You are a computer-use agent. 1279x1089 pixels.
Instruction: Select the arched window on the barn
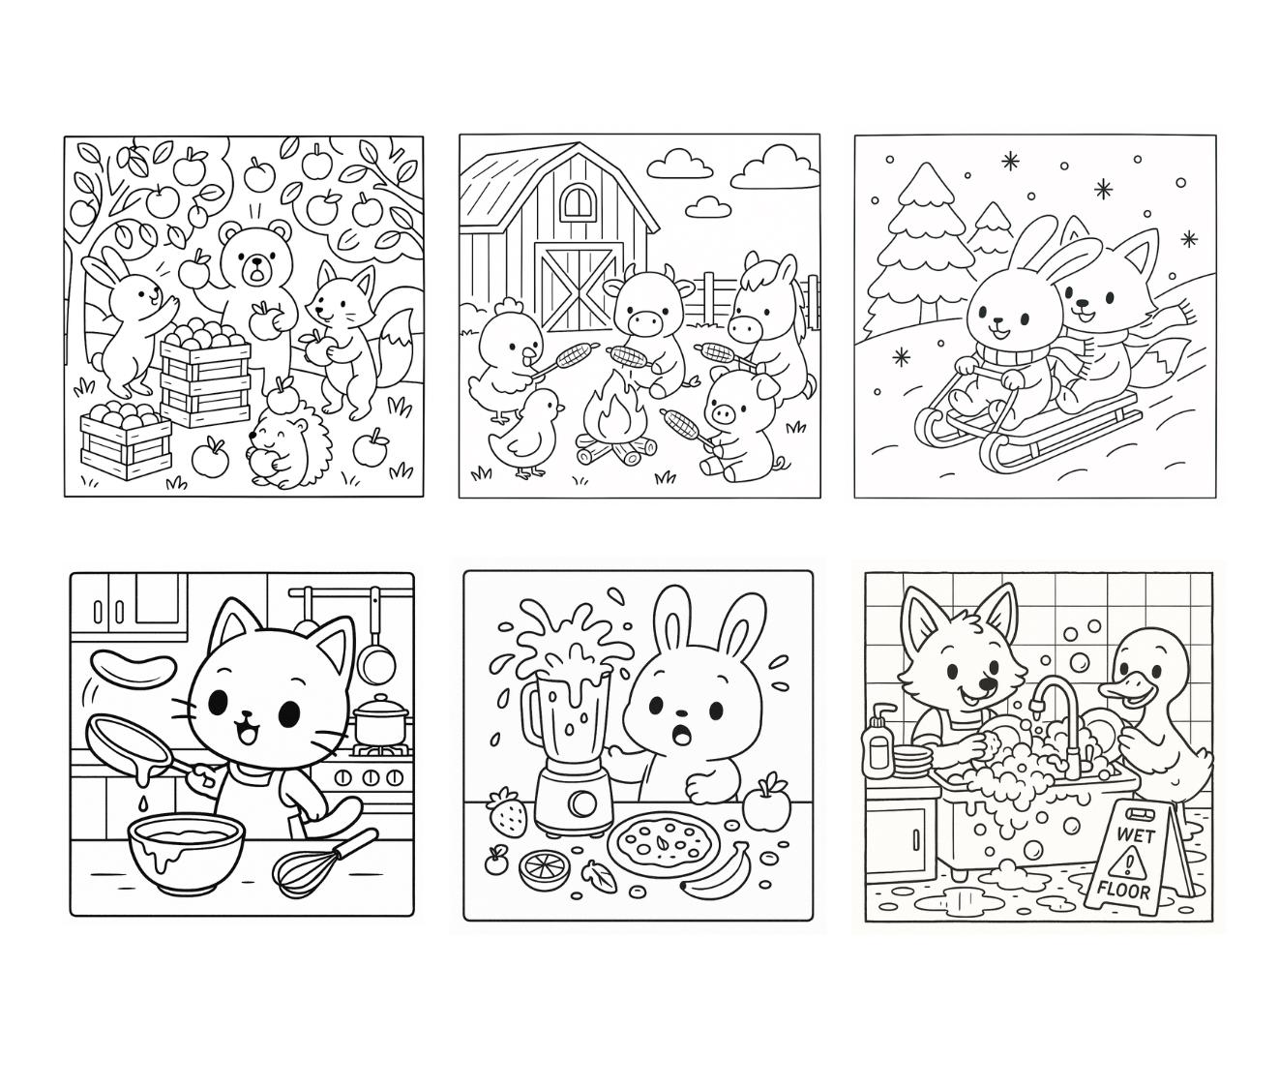tap(576, 203)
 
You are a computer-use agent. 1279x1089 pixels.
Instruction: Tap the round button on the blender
tap(580, 802)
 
